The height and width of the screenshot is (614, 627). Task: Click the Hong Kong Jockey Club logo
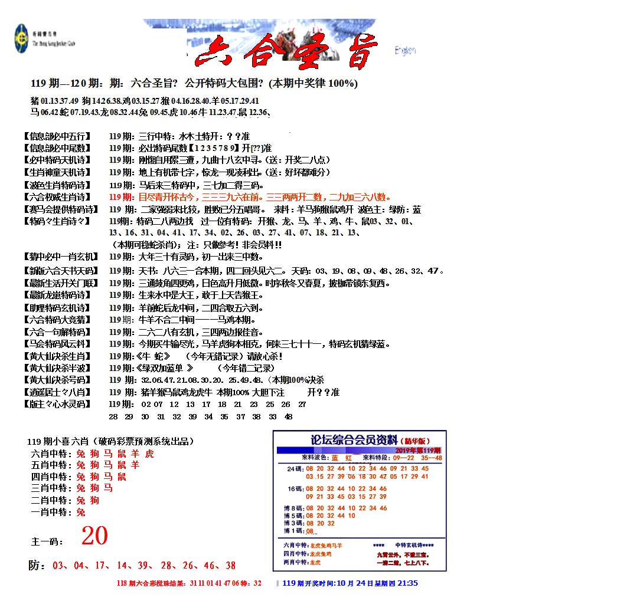point(22,38)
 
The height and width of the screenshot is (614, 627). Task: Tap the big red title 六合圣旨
point(286,53)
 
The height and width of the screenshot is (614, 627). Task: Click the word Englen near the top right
point(405,51)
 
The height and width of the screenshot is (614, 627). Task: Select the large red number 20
point(94,536)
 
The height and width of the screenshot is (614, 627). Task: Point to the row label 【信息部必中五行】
point(57,136)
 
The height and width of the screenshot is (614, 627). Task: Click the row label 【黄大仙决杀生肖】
point(57,356)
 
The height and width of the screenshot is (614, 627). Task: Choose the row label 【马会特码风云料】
point(57,344)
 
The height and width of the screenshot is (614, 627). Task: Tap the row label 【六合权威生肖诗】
point(57,197)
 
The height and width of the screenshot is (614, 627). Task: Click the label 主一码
point(48,541)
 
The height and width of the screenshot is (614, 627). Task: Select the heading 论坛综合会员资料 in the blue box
point(354,439)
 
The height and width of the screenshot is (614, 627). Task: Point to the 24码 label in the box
point(294,469)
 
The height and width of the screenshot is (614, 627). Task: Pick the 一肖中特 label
point(52,513)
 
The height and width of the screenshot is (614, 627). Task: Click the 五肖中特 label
point(52,465)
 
